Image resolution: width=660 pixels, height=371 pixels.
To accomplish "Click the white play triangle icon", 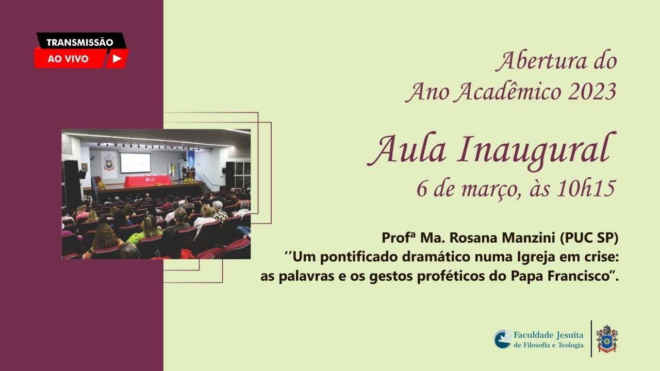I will coord(117,59).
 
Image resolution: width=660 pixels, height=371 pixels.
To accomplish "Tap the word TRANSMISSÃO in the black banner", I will coord(80,43).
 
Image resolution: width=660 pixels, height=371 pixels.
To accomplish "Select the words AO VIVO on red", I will coord(68,59).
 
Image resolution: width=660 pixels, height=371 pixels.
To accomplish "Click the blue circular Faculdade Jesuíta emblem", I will coord(503,339).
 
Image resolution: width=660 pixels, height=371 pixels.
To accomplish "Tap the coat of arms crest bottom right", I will coord(607,339).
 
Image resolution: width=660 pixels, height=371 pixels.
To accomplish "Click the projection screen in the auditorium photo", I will coord(135,162).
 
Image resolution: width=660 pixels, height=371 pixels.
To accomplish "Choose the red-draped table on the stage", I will coord(147,181).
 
